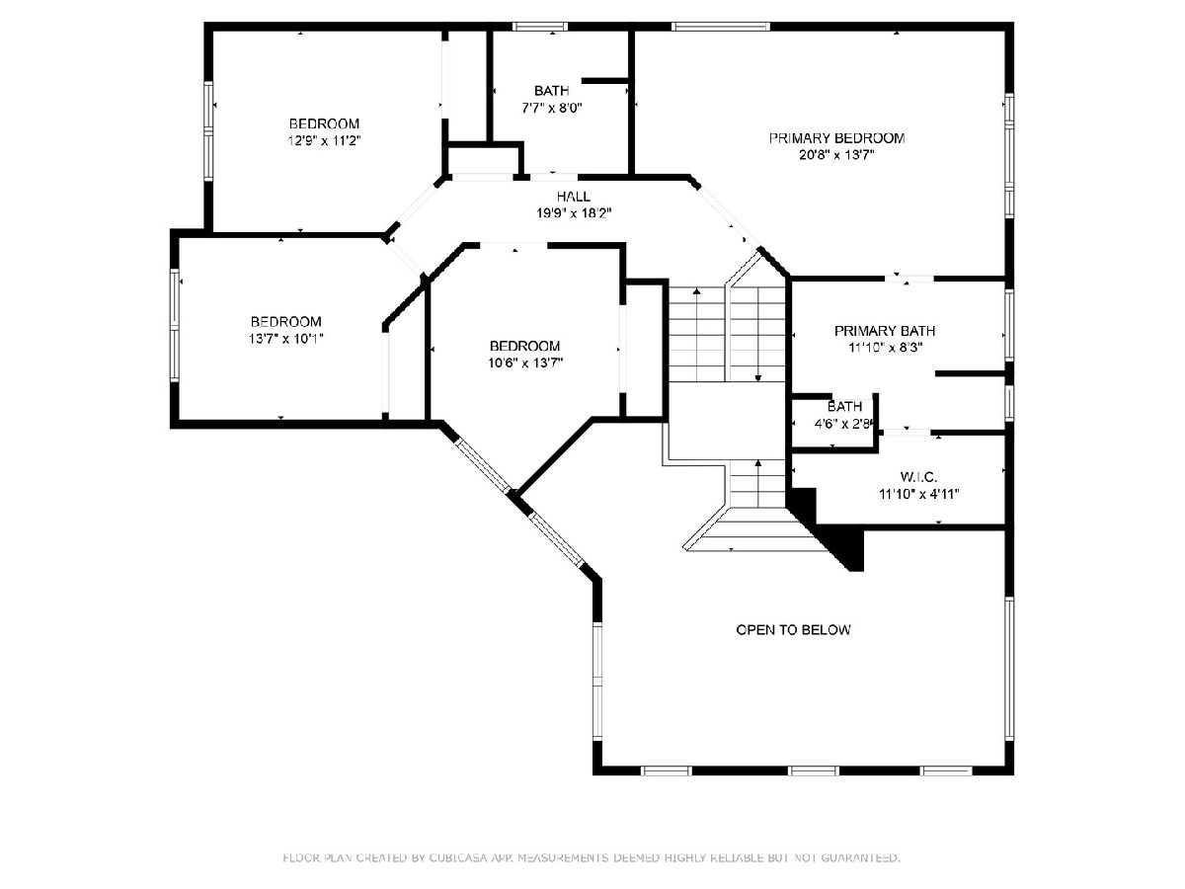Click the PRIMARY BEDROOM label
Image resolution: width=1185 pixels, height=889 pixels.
point(836,138)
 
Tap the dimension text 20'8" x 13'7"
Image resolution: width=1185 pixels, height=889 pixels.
point(836,155)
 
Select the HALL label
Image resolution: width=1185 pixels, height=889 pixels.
point(574,197)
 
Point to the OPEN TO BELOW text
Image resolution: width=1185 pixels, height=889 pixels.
point(793,629)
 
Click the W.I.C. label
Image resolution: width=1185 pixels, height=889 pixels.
point(918,477)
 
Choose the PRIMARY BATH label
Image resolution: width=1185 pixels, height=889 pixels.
point(884,330)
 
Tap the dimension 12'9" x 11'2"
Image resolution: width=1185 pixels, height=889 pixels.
point(324,141)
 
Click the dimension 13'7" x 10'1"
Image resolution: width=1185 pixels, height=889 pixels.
point(286,339)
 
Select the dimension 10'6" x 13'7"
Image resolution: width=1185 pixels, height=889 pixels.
point(525,364)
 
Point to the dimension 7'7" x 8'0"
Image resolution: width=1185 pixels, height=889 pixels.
point(551,108)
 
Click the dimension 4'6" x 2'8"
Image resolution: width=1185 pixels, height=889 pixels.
point(843,424)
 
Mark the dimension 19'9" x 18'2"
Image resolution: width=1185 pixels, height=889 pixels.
point(574,213)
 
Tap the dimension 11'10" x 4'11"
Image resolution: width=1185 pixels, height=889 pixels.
point(918,494)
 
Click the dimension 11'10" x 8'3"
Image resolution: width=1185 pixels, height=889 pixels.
point(885,348)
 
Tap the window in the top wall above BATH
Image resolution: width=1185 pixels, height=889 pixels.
point(540,27)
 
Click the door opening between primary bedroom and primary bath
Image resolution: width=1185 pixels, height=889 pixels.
point(909,279)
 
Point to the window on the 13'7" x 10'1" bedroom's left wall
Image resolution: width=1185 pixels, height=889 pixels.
point(175,326)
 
